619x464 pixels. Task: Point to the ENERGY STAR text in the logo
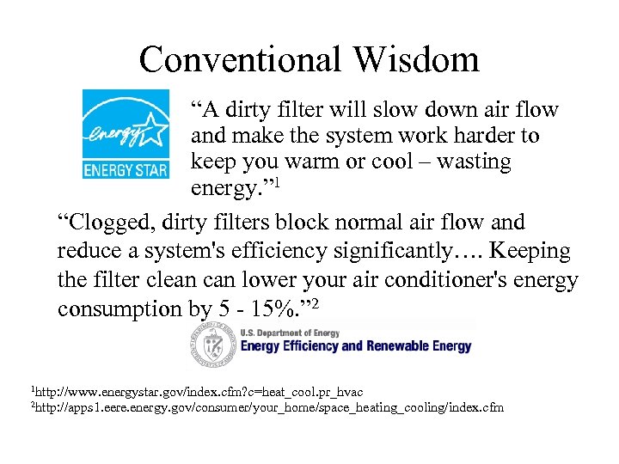[x=126, y=169]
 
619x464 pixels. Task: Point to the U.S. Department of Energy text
[x=290, y=333]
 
